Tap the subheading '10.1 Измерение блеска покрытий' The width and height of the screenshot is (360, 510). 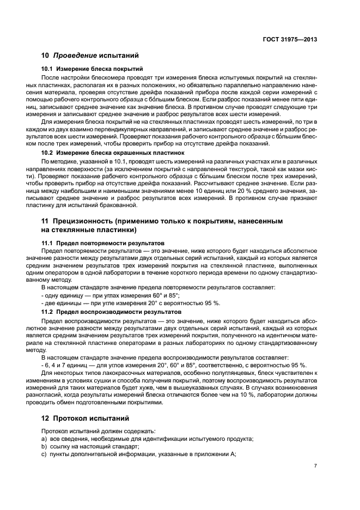pos(92,69)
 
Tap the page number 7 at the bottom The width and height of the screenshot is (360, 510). pos(315,466)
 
